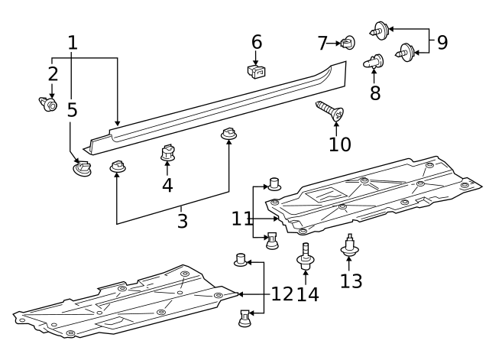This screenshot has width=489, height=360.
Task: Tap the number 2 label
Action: (52, 74)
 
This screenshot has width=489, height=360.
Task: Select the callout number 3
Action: (182, 222)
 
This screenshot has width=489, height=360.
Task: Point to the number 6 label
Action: (256, 41)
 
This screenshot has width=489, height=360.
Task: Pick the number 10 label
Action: (340, 144)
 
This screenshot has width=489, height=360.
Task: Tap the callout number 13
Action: (351, 281)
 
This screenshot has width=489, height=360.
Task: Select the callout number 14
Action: (307, 294)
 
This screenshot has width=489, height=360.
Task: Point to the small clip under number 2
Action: (48, 104)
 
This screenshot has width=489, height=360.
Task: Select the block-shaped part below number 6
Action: (257, 72)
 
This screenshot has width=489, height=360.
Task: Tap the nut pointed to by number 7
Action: (348, 42)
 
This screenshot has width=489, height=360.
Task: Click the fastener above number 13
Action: (349, 246)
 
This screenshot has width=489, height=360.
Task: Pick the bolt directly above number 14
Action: (306, 255)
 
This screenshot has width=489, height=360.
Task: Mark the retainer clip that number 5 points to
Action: (81, 167)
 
